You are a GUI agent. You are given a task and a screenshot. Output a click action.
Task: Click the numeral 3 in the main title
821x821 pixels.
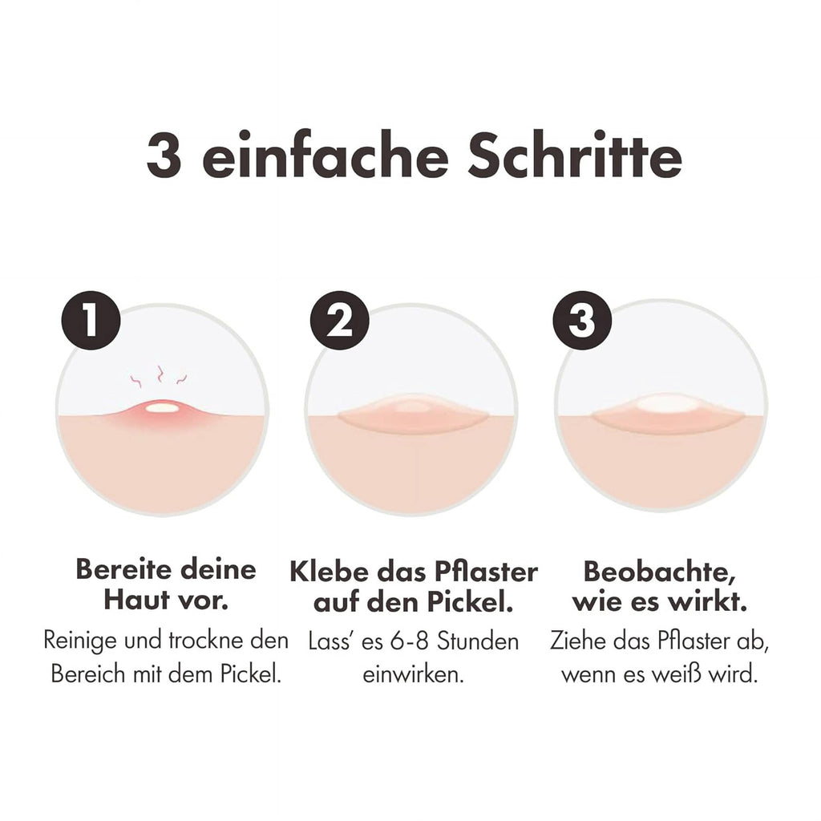point(164,155)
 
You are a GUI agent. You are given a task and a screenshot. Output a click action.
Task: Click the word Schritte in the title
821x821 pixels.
point(574,154)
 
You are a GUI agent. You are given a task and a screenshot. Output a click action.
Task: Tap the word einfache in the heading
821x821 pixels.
point(326,154)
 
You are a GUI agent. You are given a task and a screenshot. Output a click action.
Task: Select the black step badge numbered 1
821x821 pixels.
point(91,321)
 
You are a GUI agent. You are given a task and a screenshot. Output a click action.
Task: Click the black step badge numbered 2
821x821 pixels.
point(340,321)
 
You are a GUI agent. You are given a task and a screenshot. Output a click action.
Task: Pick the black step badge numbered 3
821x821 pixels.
point(583,321)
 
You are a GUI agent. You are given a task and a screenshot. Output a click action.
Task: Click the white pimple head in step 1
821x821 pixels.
point(161,406)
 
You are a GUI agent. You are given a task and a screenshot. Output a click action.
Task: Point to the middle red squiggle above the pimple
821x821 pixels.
point(160,373)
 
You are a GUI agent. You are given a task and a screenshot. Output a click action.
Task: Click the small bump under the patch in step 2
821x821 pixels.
point(413,406)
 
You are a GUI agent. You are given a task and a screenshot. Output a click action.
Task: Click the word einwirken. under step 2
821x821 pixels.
point(413,674)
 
